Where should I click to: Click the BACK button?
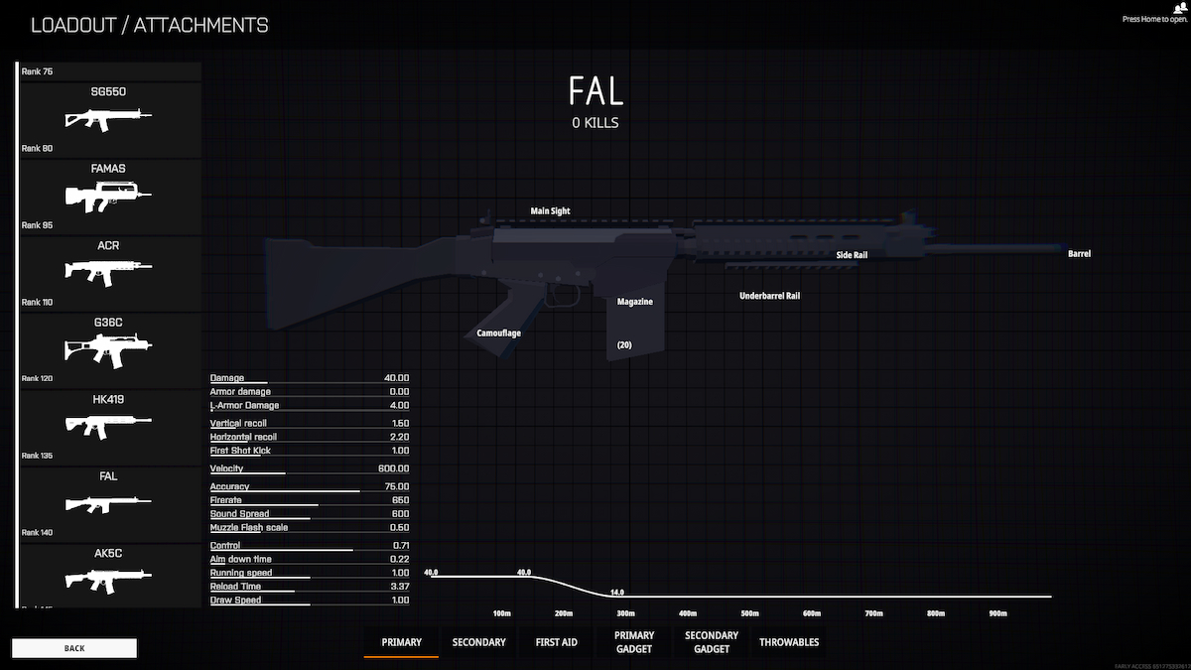(74, 648)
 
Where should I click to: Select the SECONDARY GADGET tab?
(712, 642)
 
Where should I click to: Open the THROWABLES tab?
(789, 642)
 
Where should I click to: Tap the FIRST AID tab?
(556, 642)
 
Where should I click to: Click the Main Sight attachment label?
(550, 211)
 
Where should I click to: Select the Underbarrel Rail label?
(769, 296)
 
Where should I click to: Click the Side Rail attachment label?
(852, 255)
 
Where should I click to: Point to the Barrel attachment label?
(1079, 254)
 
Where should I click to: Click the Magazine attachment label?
(635, 301)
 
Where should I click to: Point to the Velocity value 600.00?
(393, 469)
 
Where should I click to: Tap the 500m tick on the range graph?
(749, 613)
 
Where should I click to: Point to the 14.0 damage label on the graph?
(616, 592)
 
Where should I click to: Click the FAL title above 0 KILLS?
(595, 91)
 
